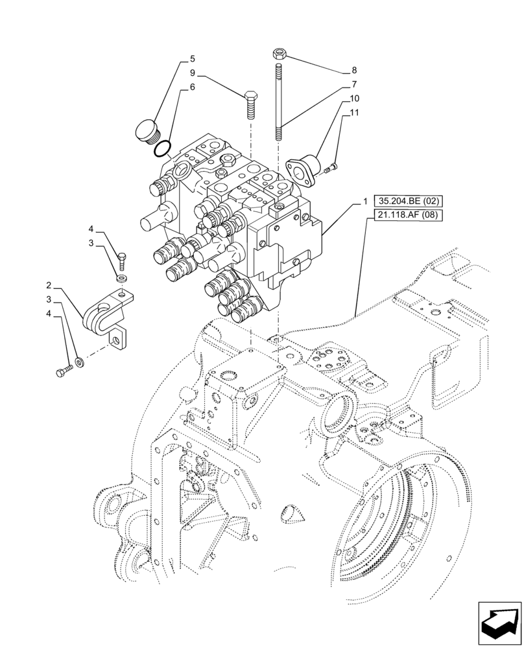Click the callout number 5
click(193, 58)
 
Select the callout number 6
click(193, 86)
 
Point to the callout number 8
click(354, 70)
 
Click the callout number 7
click(354, 84)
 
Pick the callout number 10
click(354, 98)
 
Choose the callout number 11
click(354, 113)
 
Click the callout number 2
click(49, 285)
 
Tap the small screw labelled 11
click(331, 168)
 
